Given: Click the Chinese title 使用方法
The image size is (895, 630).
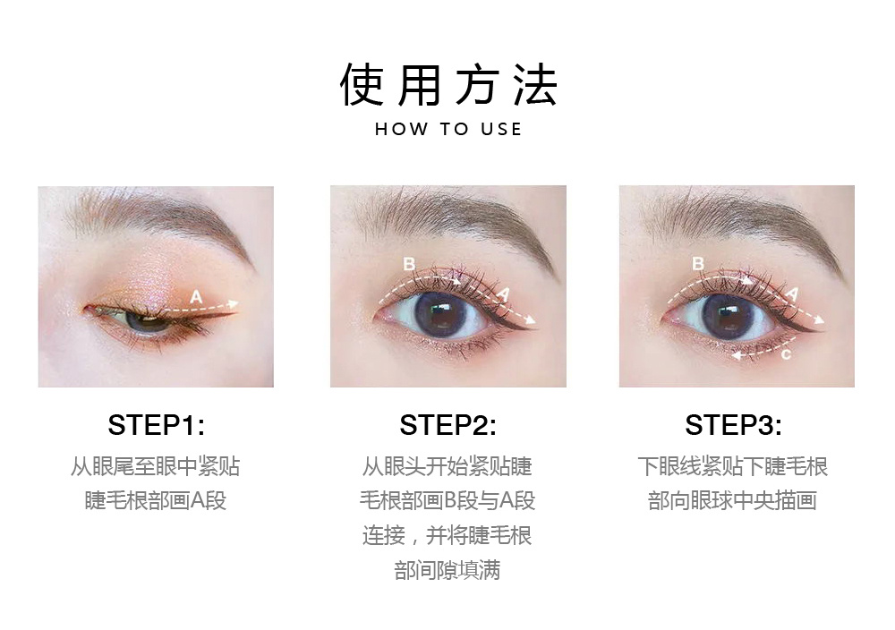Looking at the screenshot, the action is (448, 85).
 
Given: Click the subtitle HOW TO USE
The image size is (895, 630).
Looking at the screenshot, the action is (448, 129).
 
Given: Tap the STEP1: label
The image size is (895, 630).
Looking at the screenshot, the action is (156, 424).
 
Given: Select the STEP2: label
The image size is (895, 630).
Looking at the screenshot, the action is (447, 424).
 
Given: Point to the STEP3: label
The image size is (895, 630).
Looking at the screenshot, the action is (733, 424).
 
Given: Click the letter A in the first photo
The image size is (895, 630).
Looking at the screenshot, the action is (196, 297).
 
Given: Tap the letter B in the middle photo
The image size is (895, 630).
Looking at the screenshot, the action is (409, 264).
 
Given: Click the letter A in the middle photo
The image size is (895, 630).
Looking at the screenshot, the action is (503, 294).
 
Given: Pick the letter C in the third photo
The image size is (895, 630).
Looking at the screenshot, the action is (786, 355).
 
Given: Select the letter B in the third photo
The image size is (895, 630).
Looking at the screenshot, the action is (697, 263).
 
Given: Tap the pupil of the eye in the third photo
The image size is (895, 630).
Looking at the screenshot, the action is (729, 316).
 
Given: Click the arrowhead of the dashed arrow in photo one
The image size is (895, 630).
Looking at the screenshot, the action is (234, 303).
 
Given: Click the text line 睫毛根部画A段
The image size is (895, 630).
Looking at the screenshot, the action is (155, 500).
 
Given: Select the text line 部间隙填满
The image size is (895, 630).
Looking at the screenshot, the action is (447, 570).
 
